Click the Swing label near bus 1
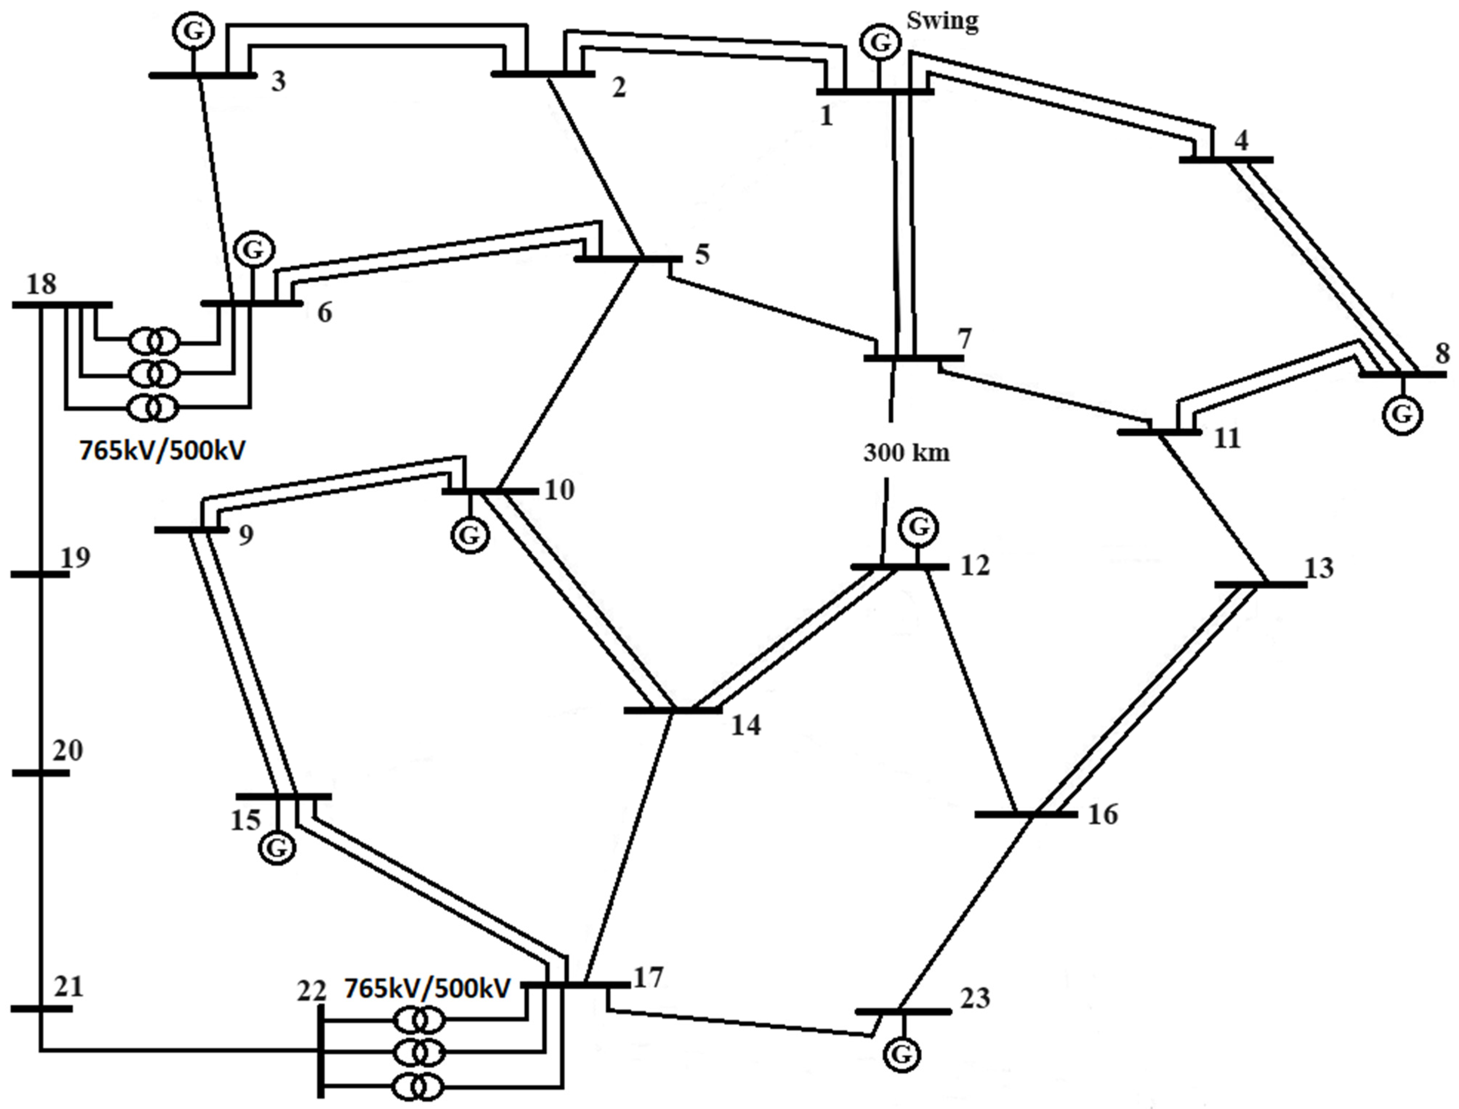942,21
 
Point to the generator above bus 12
918,527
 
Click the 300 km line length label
906,453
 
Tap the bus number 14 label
746,726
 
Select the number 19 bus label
75,558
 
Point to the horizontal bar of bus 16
1025,815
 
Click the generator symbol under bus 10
470,535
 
